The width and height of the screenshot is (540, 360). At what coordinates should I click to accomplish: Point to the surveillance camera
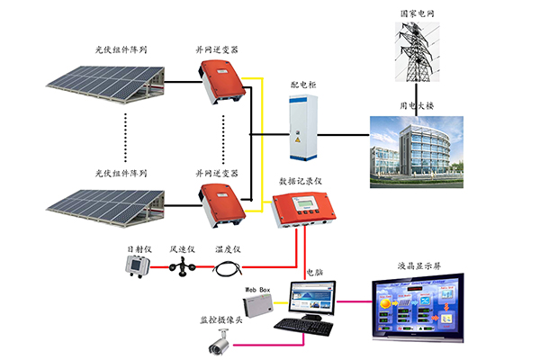pos(220,340)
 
